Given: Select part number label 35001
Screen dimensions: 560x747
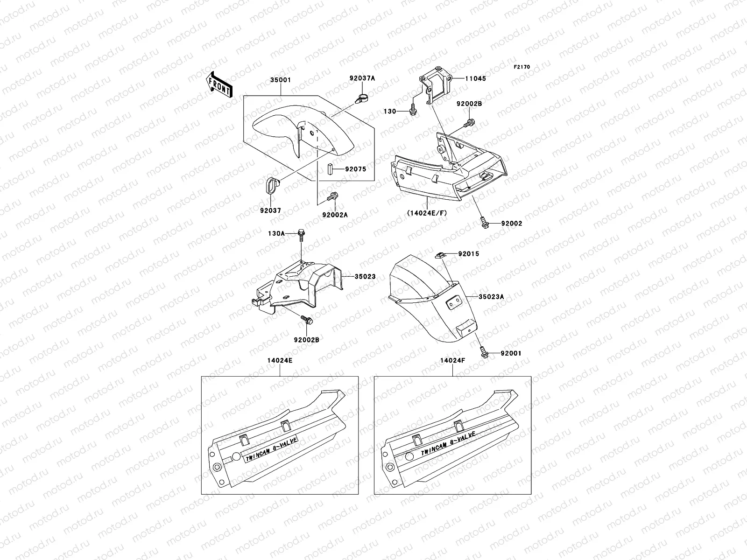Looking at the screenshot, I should (x=281, y=80).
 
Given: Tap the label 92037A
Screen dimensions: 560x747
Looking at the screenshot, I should (x=362, y=79).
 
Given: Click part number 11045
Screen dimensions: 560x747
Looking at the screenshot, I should (x=475, y=78).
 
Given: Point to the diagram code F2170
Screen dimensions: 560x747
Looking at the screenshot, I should (x=522, y=67).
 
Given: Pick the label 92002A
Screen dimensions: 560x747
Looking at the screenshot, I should (x=335, y=215).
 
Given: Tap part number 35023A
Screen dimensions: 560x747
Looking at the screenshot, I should (x=491, y=296).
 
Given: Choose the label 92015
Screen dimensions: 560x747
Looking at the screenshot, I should (x=468, y=254).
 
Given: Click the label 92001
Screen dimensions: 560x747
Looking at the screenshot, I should (x=511, y=353).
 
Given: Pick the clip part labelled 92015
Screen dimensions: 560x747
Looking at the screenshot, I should (x=440, y=254).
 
